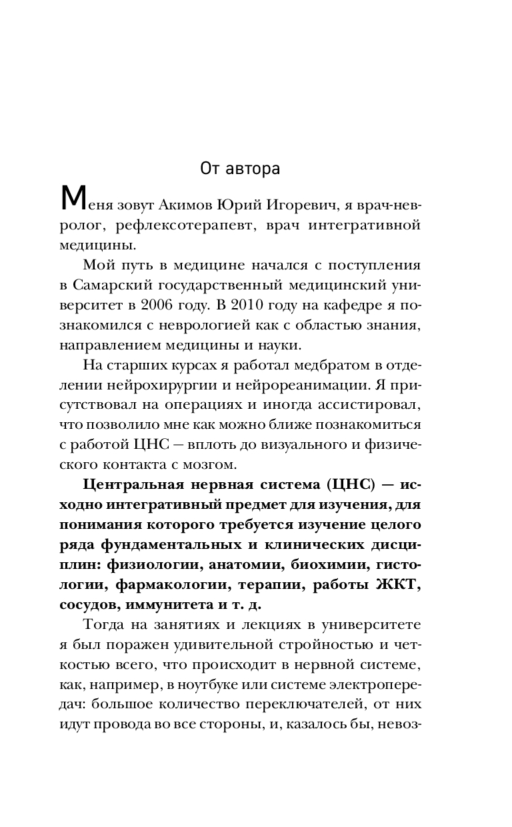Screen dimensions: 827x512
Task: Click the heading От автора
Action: pyautogui.click(x=240, y=168)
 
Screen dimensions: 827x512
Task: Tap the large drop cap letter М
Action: pyautogui.click(x=71, y=199)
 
